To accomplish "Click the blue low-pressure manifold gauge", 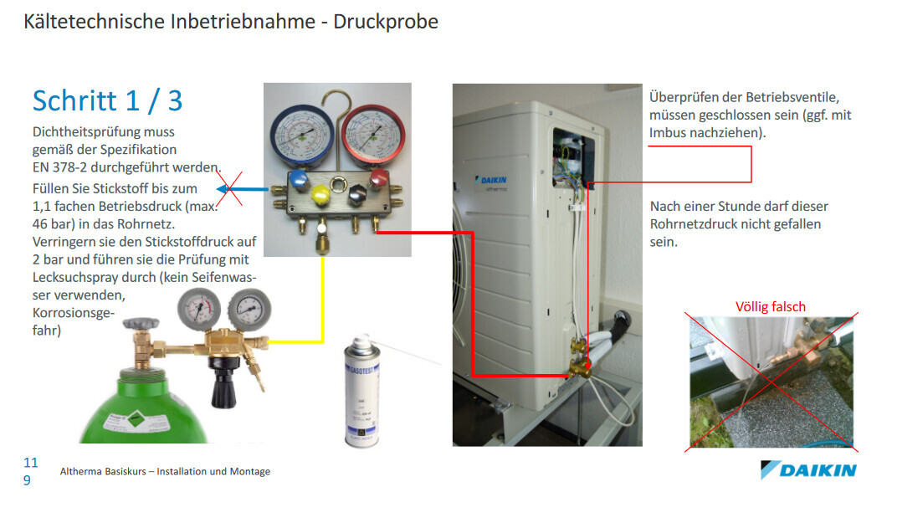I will click(x=300, y=134).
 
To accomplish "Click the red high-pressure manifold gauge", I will click(x=373, y=134).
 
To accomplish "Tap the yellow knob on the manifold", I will click(x=319, y=193).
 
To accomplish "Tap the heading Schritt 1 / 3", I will click(x=107, y=100).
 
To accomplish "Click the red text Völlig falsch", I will click(x=770, y=306).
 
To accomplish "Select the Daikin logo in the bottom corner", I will click(x=807, y=469).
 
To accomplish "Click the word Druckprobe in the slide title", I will click(x=386, y=21).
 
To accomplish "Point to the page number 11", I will click(x=31, y=463).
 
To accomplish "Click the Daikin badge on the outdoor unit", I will click(x=492, y=182).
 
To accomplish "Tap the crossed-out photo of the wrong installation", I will click(x=771, y=382).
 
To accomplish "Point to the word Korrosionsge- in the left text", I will click(x=73, y=313).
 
